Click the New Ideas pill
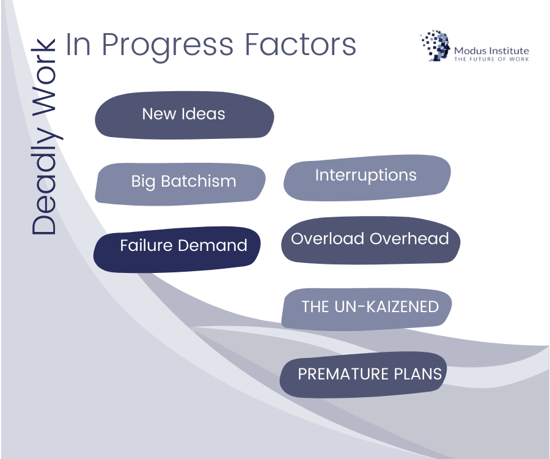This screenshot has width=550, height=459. (184, 114)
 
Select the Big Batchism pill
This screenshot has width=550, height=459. (181, 182)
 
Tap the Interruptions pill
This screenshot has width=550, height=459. (367, 176)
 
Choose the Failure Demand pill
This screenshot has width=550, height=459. (177, 248)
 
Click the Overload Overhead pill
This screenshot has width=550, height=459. (370, 240)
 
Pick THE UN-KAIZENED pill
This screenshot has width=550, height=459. (367, 308)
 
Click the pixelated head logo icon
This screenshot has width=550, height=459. (435, 46)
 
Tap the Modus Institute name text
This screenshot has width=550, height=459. (491, 51)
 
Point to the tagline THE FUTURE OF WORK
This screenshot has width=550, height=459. (491, 59)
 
